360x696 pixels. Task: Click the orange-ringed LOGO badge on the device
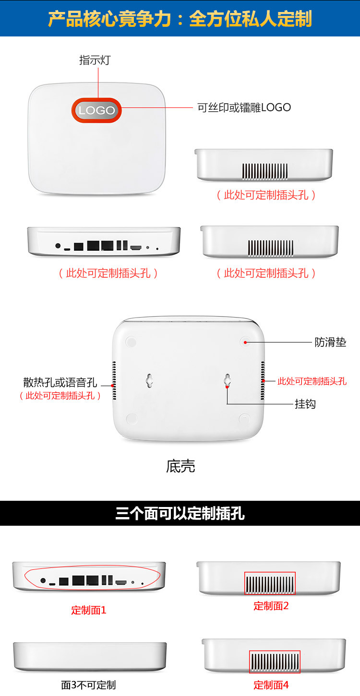pos(96,110)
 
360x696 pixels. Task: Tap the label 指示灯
pos(95,60)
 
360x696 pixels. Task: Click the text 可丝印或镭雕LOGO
pos(244,107)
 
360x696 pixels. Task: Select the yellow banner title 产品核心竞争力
pos(109,19)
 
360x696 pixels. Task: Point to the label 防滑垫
pos(330,342)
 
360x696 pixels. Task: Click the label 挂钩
pos(305,404)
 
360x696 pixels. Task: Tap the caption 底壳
pos(180,466)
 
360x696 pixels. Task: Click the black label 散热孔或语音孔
pos(60,382)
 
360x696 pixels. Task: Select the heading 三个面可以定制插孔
pos(180,513)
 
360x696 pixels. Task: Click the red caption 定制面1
pos(89,610)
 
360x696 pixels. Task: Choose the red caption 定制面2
pos(271,606)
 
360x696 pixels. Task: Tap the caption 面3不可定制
pos(88,685)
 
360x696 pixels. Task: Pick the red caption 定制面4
pos(271,685)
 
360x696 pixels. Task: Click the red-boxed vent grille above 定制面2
pos(270,583)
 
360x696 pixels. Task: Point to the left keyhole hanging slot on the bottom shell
pos(150,380)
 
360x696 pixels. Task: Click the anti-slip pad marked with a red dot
pos(245,342)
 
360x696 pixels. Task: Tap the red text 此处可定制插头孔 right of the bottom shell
pos(312,381)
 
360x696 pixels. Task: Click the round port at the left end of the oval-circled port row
pos(43,580)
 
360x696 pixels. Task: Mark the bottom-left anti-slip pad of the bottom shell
pos(132,419)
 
